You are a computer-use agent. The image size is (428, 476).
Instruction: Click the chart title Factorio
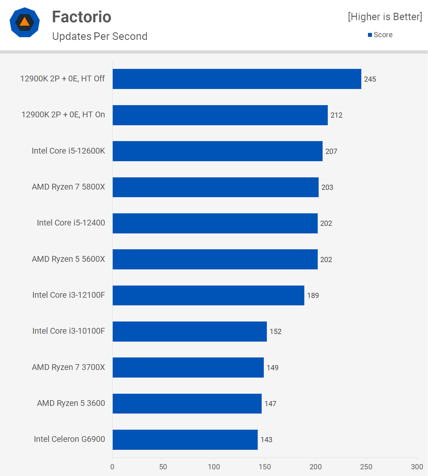click(81, 17)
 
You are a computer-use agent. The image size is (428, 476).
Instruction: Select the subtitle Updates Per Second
click(100, 36)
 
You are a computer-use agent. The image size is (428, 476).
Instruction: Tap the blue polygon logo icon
click(25, 22)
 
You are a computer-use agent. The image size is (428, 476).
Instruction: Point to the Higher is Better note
click(385, 17)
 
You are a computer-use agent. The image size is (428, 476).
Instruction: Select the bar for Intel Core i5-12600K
click(218, 151)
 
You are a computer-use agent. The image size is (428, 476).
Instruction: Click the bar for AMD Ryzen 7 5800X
click(215, 187)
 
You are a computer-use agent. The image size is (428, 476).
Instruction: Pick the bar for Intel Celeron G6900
click(185, 439)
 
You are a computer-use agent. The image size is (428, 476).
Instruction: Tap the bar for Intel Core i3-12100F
click(208, 295)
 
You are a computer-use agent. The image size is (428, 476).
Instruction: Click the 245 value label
click(370, 79)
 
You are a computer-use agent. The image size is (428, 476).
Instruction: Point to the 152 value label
click(275, 332)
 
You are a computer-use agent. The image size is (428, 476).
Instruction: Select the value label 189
click(313, 296)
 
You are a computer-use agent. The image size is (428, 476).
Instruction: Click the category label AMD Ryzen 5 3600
click(71, 403)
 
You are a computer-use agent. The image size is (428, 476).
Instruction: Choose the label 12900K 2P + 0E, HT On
click(63, 115)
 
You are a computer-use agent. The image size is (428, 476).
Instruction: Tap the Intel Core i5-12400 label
click(71, 223)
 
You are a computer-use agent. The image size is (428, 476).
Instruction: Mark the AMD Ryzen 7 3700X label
click(68, 367)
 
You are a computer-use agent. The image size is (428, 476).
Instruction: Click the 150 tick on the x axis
click(264, 467)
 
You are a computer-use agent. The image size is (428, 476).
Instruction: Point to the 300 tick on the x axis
click(417, 467)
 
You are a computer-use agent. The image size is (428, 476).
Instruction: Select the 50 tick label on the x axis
click(163, 467)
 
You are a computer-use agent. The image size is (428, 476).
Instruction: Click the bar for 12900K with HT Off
click(237, 79)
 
